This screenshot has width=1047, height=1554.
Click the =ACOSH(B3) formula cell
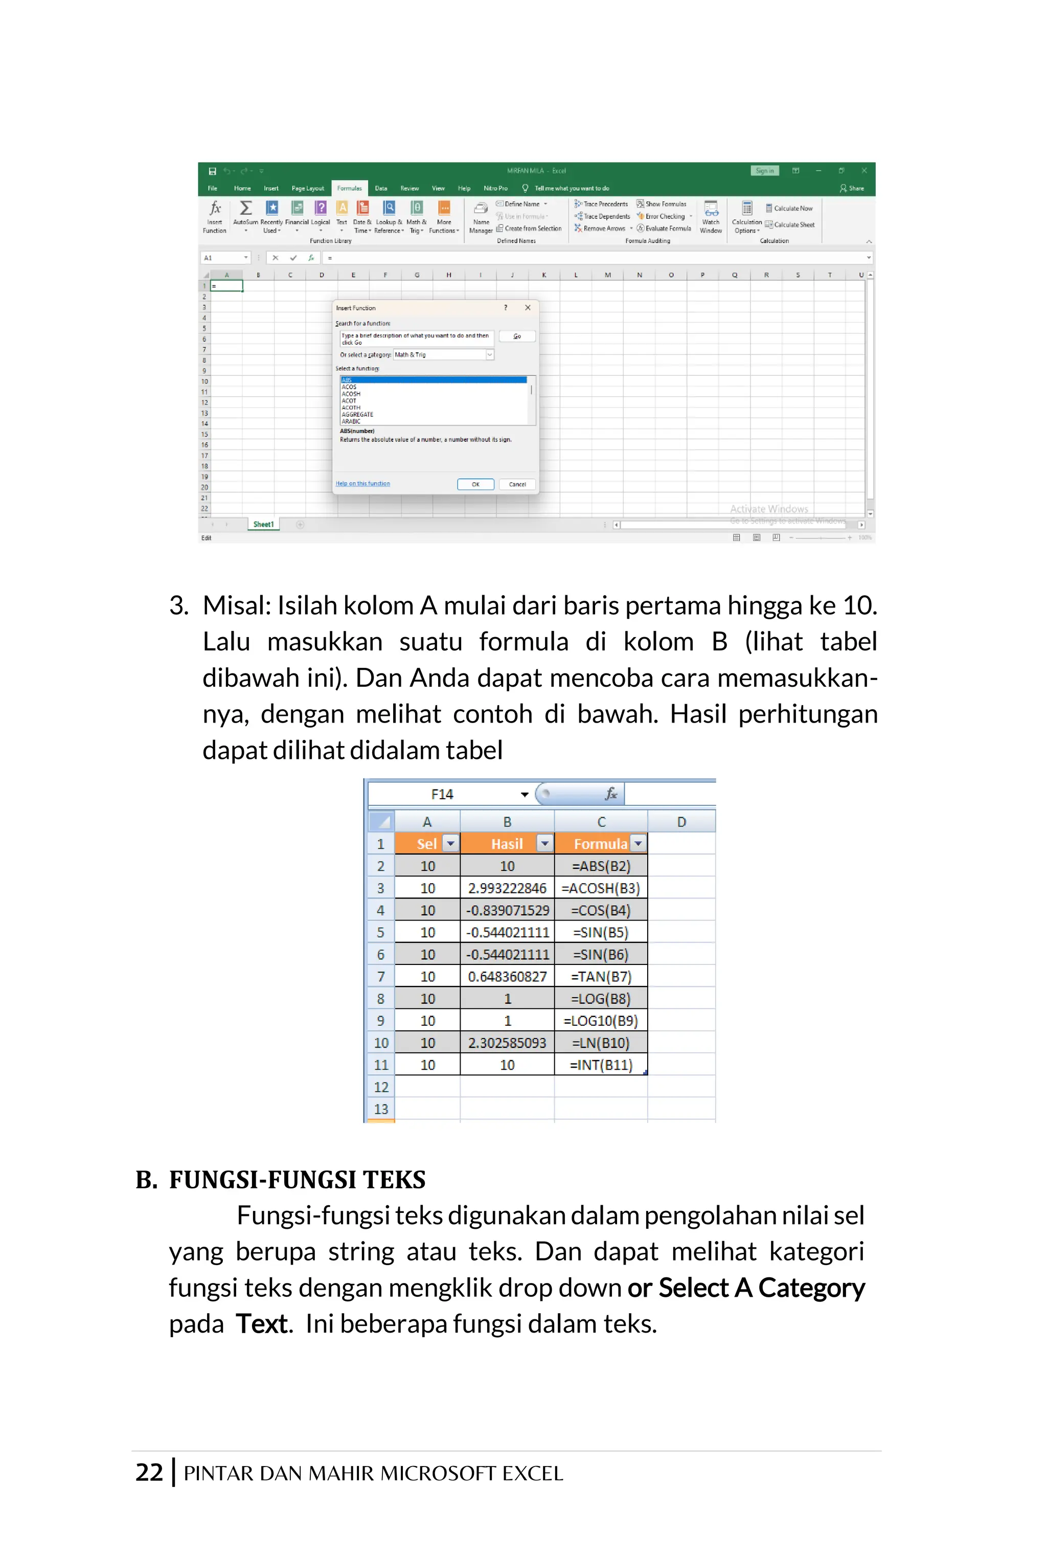(600, 888)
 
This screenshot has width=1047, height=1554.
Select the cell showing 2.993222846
(507, 888)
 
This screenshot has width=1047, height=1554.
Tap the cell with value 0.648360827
(507, 976)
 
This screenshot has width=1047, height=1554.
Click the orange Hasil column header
(506, 843)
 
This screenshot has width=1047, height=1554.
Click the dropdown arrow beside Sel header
(451, 843)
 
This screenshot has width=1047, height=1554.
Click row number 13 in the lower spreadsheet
(380, 1108)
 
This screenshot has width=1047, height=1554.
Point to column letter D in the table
(681, 821)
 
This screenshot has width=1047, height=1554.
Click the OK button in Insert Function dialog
(475, 484)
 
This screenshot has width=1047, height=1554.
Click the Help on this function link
(362, 484)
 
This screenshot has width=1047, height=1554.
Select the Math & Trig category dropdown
(443, 354)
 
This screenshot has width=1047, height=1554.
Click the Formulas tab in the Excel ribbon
(349, 188)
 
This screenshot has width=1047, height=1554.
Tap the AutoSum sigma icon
(246, 208)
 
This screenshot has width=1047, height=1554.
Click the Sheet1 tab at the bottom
(263, 524)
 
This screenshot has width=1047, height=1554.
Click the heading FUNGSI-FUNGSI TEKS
(297, 1179)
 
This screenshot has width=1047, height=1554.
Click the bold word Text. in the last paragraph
(264, 1323)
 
